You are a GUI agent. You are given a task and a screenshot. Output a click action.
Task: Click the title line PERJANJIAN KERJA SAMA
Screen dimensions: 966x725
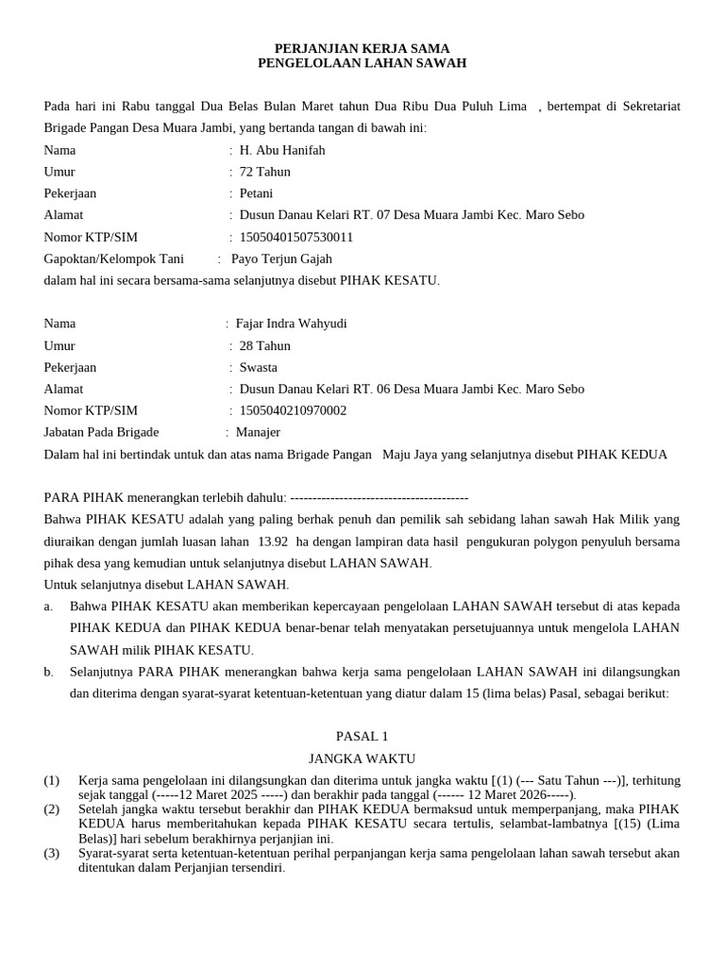pos(362,48)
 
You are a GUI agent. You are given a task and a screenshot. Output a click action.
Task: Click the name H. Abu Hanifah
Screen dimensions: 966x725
pos(282,150)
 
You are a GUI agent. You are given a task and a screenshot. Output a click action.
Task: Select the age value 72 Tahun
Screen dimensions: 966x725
pos(265,172)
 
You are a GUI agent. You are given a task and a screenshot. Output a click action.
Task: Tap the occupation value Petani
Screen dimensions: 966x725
pos(257,193)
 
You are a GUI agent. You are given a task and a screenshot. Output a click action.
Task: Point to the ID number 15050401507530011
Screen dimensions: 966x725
pos(296,237)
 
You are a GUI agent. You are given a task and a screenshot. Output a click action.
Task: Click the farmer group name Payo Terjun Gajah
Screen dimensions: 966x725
pos(281,258)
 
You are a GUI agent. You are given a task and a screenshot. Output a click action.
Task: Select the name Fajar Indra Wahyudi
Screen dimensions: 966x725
pos(291,324)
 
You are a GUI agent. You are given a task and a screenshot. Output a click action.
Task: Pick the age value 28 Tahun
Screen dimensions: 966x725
pos(265,345)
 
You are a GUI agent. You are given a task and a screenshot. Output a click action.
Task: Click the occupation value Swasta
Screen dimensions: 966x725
pos(259,367)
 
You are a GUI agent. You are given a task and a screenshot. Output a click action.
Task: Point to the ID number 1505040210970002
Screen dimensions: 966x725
pos(293,410)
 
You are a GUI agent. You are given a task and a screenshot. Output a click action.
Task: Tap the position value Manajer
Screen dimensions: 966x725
pos(258,432)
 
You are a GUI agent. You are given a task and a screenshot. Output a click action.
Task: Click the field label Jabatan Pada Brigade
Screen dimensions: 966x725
pos(101,432)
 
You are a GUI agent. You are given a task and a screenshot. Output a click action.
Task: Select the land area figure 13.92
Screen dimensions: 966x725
pos(272,541)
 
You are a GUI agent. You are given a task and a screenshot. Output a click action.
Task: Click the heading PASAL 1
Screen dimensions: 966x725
pos(362,736)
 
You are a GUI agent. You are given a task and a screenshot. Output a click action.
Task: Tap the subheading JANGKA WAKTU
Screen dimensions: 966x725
pos(362,758)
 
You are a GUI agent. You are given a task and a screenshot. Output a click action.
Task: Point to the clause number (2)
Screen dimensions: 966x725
pos(51,809)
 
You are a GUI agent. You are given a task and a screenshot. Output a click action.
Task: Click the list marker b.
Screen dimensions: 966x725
pos(48,672)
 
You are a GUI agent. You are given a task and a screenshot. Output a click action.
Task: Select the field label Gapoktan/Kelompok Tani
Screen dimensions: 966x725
pos(114,258)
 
